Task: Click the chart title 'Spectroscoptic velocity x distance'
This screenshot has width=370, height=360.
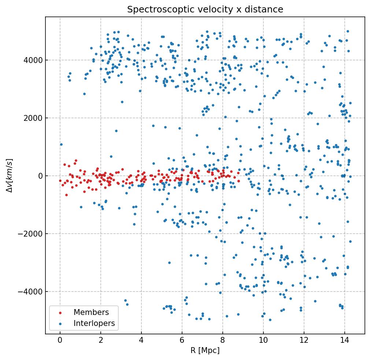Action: [x=205, y=10]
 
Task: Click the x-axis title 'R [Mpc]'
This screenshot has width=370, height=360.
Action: [x=205, y=350]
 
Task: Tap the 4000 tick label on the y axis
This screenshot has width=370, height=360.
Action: [x=32, y=60]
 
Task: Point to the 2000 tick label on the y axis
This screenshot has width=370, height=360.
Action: [x=32, y=118]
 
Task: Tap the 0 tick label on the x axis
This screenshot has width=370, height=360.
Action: [x=60, y=340]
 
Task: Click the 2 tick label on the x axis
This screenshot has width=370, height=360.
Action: [x=101, y=340]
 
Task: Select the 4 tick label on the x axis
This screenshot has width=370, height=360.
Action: [x=141, y=340]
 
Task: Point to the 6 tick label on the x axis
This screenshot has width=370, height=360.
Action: [x=182, y=340]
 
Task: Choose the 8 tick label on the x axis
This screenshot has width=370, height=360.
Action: [x=223, y=340]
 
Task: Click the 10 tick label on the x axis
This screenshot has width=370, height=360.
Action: [x=263, y=340]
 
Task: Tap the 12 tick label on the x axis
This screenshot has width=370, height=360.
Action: [x=304, y=340]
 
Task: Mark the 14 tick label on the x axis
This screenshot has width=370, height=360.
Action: [x=344, y=340]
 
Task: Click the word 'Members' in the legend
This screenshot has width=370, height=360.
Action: [x=91, y=312]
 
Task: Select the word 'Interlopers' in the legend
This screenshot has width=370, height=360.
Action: [x=94, y=323]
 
